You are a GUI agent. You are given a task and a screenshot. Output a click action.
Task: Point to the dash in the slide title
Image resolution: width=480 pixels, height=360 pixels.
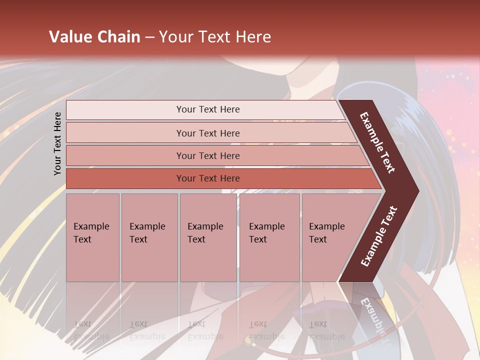coord(149,37)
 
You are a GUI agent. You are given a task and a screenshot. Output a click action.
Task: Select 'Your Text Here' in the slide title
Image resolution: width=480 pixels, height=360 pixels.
coord(215,37)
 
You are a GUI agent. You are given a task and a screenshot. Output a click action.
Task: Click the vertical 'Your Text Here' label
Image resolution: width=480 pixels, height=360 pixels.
coord(57,143)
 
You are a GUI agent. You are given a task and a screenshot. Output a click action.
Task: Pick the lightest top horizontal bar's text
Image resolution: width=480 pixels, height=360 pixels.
coord(208,109)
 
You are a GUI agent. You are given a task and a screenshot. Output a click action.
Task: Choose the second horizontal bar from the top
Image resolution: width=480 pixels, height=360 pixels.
coord(208,133)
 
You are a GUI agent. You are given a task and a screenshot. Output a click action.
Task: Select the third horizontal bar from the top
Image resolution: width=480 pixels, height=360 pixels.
coord(208,155)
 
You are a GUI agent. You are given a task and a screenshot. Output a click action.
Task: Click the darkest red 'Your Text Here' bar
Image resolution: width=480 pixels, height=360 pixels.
coord(208,178)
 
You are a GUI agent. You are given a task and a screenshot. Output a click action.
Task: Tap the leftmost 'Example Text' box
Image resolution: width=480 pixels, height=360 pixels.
coord(92,237)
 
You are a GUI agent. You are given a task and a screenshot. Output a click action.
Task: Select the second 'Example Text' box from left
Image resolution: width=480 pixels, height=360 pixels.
coord(149,237)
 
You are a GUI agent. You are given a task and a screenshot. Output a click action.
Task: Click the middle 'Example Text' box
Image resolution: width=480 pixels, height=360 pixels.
coord(208,237)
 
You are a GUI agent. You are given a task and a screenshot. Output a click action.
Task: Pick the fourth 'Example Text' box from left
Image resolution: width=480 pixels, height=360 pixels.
coord(269,237)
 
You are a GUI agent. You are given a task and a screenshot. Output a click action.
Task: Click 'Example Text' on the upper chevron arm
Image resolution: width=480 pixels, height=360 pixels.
coord(377,142)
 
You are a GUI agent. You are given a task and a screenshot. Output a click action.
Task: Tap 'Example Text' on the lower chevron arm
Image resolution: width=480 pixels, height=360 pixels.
coord(379,236)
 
